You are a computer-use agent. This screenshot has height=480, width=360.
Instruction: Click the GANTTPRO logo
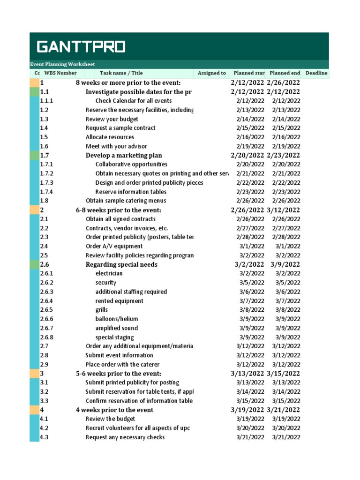[x=81, y=47]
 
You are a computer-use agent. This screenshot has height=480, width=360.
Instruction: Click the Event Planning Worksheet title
[x=62, y=64]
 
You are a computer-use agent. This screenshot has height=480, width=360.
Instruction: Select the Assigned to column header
[x=212, y=73]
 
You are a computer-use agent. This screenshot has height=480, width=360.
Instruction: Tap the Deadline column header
[x=316, y=73]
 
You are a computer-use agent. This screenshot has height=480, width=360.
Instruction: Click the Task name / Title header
[x=121, y=73]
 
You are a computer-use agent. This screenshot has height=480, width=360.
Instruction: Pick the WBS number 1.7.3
[x=47, y=183]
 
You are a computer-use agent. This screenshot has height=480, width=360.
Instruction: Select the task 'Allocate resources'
[x=110, y=137]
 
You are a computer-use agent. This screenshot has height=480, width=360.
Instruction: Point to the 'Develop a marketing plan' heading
[x=124, y=156]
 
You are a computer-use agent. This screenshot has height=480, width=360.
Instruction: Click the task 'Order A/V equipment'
[x=114, y=247]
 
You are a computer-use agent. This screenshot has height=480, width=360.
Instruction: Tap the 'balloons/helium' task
[x=117, y=319]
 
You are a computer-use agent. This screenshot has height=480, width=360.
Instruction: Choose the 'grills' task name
[x=102, y=310]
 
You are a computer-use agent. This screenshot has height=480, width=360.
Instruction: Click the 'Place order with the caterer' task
[x=122, y=365]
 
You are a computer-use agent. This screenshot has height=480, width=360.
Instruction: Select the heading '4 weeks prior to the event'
[x=114, y=410]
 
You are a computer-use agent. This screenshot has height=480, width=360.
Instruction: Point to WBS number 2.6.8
[x=47, y=337]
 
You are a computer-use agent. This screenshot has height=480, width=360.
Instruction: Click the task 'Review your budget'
[x=112, y=119]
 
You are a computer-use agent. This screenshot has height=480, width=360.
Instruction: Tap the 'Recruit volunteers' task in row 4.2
[x=137, y=428]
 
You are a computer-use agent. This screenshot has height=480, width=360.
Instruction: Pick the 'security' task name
[x=106, y=283]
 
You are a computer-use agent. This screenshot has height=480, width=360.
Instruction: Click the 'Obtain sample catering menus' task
[x=126, y=201]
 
